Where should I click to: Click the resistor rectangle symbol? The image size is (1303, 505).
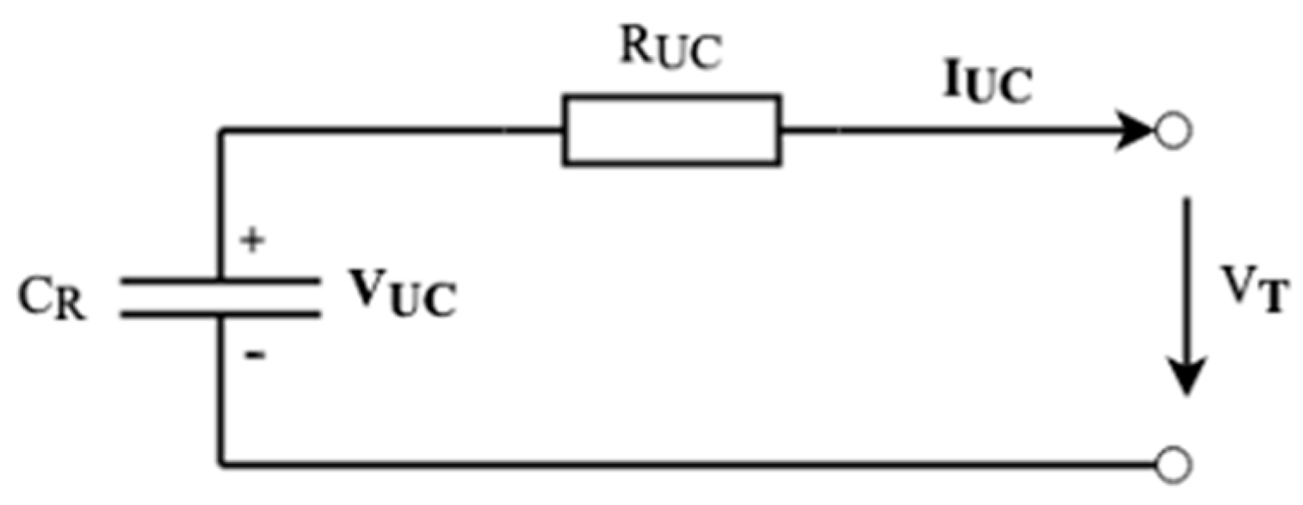(x=672, y=131)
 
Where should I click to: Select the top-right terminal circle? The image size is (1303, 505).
(x=1172, y=132)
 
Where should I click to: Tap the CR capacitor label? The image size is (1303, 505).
(x=52, y=299)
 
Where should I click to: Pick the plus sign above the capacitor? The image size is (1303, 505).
(x=251, y=241)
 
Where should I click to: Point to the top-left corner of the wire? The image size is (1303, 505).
(x=223, y=132)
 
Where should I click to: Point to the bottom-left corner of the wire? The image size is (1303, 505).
(x=223, y=465)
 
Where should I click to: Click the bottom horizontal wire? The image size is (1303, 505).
(x=689, y=465)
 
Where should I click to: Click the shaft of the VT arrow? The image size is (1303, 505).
(x=1189, y=275)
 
